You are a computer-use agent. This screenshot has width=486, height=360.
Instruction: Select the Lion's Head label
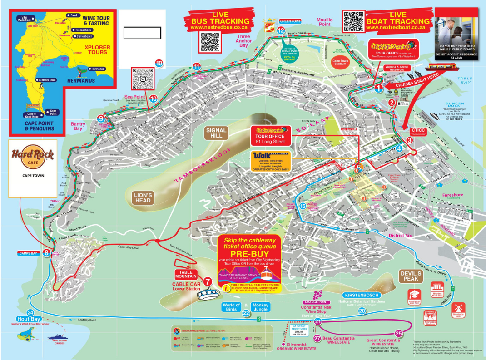[x=143, y=197]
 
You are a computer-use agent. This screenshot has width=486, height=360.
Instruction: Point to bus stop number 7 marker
[x=208, y=281]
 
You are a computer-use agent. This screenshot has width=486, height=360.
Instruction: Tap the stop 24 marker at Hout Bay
[x=30, y=312]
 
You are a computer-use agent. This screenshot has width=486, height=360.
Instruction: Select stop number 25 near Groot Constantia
[x=399, y=334]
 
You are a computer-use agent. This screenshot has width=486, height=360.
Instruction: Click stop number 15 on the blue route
[x=303, y=206]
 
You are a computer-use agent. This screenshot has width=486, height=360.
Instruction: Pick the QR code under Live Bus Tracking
[x=210, y=42]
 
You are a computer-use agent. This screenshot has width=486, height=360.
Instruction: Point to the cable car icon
[x=207, y=294]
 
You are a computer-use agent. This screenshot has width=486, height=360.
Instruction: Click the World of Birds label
[x=231, y=307]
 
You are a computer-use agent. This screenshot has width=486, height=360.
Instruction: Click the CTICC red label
[x=417, y=131]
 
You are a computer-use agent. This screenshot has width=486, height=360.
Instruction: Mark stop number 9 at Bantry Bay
[x=101, y=118]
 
